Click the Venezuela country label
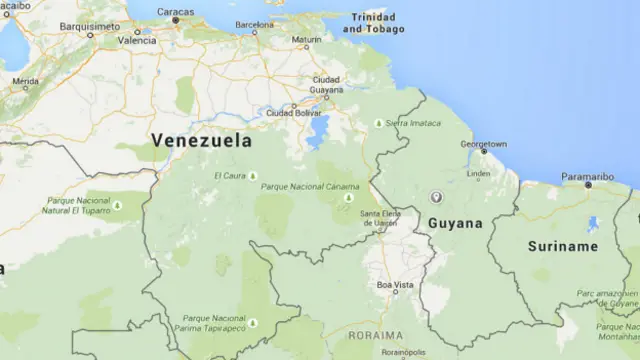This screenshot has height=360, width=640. [x=201, y=141]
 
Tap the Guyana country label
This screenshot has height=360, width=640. [x=455, y=223]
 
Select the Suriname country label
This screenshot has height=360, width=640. [x=563, y=246]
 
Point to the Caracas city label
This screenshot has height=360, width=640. [x=175, y=10]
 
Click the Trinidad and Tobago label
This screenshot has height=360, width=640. [x=375, y=23]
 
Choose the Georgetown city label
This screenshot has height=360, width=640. [x=484, y=144]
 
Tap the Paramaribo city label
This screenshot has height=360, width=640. [x=587, y=177]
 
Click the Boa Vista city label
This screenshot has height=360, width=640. [x=394, y=286]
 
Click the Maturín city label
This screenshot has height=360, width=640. [x=307, y=41]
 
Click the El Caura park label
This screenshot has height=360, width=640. [x=229, y=176]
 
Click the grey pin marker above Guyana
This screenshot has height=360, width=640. [x=435, y=197]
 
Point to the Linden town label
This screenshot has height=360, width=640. [x=479, y=173]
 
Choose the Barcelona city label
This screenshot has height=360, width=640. [x=254, y=23]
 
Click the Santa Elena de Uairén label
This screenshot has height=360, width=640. [x=378, y=218]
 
